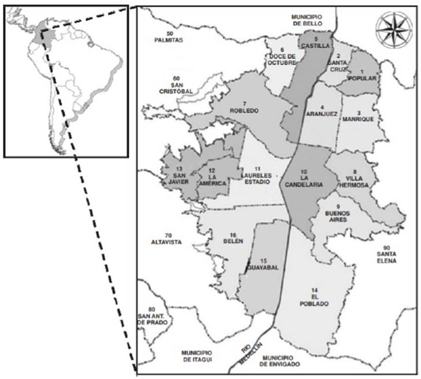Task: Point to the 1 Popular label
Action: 363,75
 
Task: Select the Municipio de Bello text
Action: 306,21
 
